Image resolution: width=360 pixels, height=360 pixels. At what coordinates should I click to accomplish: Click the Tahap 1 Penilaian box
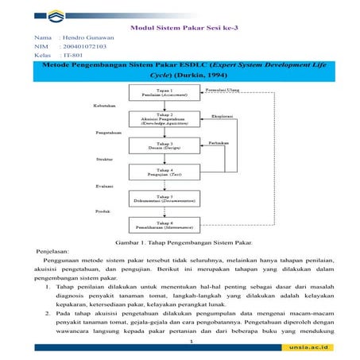[164, 93]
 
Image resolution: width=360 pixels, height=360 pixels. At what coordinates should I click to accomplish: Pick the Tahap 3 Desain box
[164, 145]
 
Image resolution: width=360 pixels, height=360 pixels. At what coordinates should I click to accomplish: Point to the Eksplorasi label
[222, 116]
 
